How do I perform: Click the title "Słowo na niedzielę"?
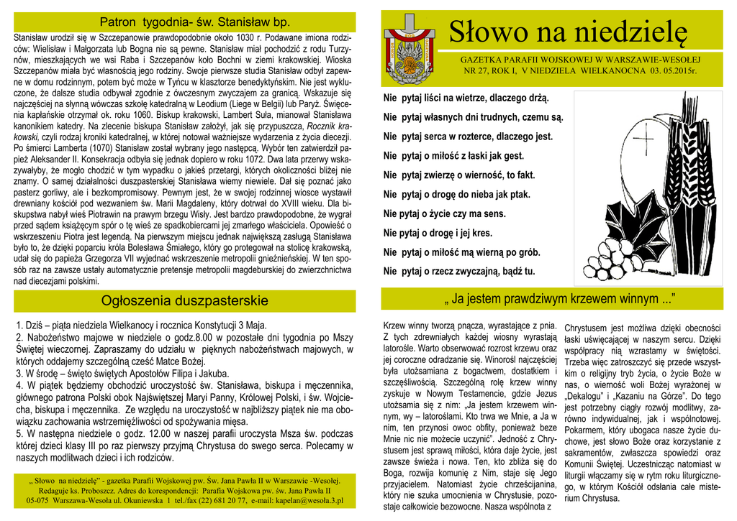[x=568, y=31]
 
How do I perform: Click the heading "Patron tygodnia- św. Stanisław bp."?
[x=184, y=22]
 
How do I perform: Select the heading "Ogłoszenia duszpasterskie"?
[x=184, y=300]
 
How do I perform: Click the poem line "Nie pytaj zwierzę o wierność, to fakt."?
[x=459, y=175]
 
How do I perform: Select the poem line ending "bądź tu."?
[x=459, y=272]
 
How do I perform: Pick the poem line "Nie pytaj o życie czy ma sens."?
[x=445, y=213]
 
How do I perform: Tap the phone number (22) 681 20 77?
[x=220, y=500]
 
